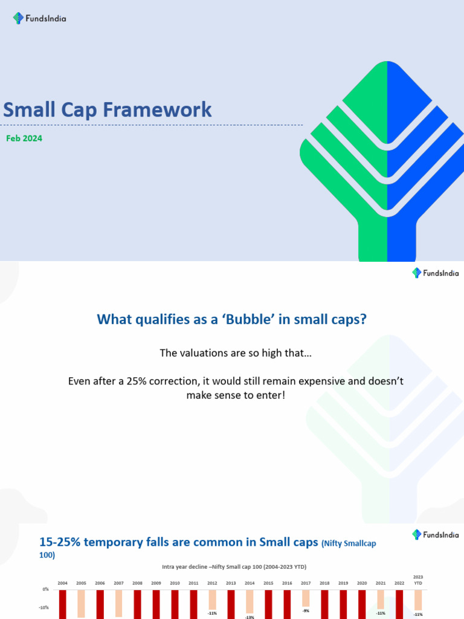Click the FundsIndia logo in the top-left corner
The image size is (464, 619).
coord(39,18)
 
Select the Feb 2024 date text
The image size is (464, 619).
coord(24,138)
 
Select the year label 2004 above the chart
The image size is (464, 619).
coord(62,583)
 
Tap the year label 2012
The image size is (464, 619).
coord(212,583)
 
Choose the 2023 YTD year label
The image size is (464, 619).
coord(418,580)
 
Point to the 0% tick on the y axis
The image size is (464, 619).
coord(46,589)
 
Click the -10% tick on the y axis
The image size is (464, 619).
coord(45,608)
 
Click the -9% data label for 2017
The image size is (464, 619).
coord(306,611)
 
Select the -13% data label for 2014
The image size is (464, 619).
coord(250,617)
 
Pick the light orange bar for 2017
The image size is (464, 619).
coord(306,598)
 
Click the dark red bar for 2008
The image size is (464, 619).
coord(137,604)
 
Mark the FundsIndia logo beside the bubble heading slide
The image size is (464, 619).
coord(435,273)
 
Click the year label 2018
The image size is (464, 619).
coord(324,583)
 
